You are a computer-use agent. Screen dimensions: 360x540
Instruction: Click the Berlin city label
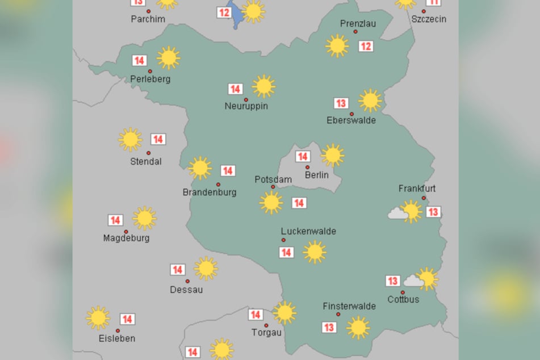[x=316, y=175]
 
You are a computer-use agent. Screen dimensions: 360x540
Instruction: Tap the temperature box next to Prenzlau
[x=366, y=46]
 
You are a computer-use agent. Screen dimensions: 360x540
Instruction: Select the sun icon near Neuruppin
[x=263, y=86]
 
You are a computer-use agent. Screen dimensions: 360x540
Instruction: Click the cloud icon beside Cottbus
[x=413, y=281]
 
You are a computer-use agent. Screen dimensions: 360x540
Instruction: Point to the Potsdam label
[x=273, y=179]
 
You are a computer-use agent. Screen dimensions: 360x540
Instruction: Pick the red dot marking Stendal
[x=149, y=153]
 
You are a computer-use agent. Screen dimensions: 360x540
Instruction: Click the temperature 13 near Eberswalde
[x=341, y=103]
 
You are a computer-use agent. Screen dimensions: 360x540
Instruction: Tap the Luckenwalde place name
[x=308, y=231]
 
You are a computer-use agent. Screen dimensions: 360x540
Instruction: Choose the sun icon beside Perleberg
[x=168, y=57]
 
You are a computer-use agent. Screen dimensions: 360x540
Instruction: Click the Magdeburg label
[x=126, y=238]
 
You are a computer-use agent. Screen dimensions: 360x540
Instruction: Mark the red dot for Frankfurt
[x=424, y=198]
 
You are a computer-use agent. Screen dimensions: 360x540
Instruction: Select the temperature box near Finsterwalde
[x=329, y=327]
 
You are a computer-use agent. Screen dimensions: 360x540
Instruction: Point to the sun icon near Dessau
[x=206, y=268]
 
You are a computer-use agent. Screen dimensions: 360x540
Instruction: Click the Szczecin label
[x=429, y=19]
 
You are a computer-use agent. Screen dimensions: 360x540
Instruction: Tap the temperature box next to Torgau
[x=256, y=315]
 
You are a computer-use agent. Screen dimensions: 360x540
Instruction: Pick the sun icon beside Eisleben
[x=98, y=318]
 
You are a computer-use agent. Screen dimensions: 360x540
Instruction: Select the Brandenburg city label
[x=209, y=192]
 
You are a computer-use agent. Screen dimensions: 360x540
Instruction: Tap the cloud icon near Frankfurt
[x=397, y=214]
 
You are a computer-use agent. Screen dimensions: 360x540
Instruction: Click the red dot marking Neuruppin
[x=246, y=99]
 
